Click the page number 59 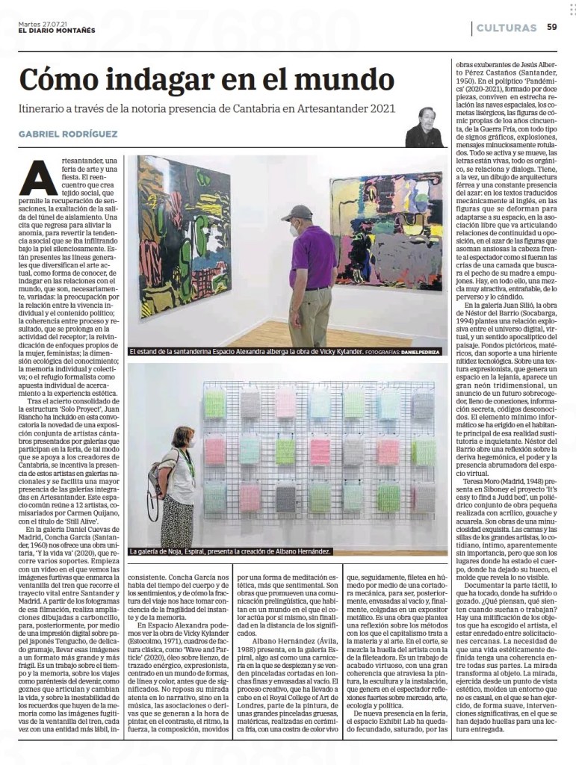point(551,28)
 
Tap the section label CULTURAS point(507,28)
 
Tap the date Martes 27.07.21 point(43,22)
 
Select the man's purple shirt point(312,256)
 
